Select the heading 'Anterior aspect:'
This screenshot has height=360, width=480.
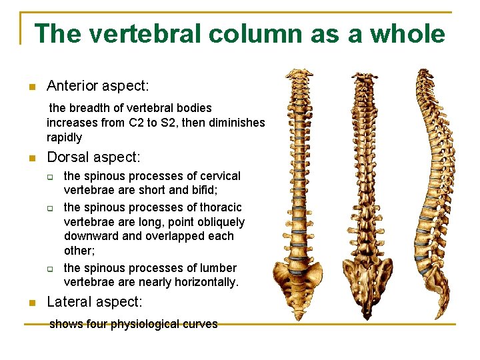pyautogui.click(x=98, y=86)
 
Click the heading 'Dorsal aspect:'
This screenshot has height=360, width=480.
pyautogui.click(x=93, y=157)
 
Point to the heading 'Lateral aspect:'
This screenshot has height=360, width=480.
pyautogui.click(x=94, y=302)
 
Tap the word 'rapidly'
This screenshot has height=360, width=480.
pyautogui.click(x=64, y=137)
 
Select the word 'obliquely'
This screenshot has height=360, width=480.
pyautogui.click(x=220, y=222)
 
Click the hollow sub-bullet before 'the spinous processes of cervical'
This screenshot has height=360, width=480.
pyautogui.click(x=49, y=177)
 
